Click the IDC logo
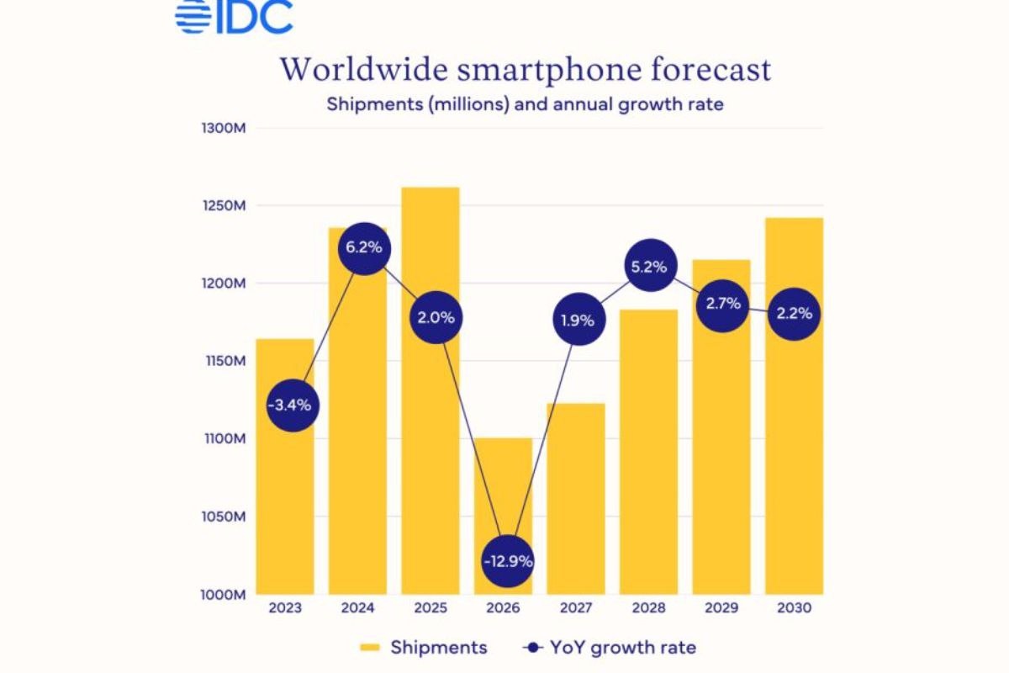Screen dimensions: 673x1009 pyautogui.click(x=234, y=17)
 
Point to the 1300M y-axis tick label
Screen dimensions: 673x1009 pyautogui.click(x=224, y=128)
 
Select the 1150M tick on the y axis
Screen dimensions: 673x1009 pyautogui.click(x=224, y=361)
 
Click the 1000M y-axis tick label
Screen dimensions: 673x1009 pyautogui.click(x=224, y=594)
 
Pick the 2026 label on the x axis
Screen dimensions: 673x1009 pyautogui.click(x=503, y=607)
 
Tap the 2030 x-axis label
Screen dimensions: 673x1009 pyautogui.click(x=794, y=607)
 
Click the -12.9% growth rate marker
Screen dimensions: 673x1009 pyautogui.click(x=508, y=561)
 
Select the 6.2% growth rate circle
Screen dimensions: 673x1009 pyautogui.click(x=363, y=248)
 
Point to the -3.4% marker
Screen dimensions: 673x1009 pyautogui.click(x=290, y=405)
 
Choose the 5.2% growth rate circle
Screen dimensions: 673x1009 pyautogui.click(x=649, y=267)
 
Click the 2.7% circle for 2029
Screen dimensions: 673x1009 pyautogui.click(x=722, y=303)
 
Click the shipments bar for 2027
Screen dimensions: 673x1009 pyautogui.click(x=576, y=505)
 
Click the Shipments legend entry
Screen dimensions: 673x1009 pyautogui.click(x=423, y=647)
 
